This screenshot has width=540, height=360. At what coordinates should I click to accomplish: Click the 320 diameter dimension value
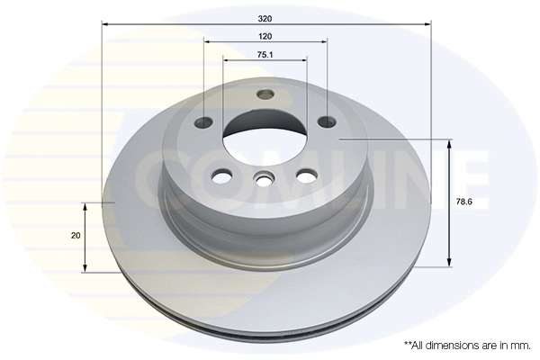click(x=265, y=17)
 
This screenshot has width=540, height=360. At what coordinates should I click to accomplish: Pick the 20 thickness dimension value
click(x=76, y=236)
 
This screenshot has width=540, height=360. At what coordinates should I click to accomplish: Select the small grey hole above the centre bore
click(x=265, y=95)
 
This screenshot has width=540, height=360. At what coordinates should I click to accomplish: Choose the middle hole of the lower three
click(x=264, y=180)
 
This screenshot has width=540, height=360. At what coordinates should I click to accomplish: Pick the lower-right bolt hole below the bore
click(x=306, y=174)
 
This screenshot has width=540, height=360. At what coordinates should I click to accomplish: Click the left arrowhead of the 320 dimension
click(x=105, y=24)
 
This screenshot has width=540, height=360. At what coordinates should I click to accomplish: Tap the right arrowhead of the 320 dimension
click(x=428, y=24)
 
